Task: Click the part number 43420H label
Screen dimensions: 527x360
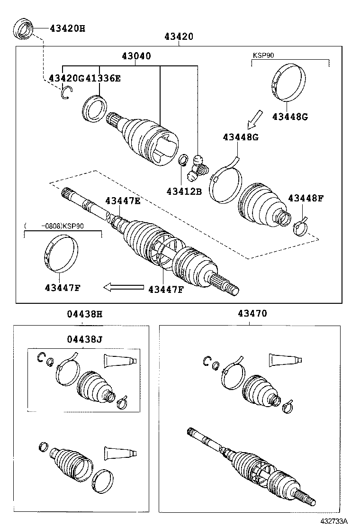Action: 67,28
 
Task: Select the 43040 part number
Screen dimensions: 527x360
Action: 136,56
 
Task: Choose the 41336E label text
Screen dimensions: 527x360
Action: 103,78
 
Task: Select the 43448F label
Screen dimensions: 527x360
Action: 306,198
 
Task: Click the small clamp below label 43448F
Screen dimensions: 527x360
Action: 300,227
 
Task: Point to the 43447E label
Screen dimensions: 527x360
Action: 123,200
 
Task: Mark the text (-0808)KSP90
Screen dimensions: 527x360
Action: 55,226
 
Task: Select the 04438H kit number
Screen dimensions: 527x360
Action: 84,313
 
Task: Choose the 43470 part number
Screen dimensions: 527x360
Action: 252,313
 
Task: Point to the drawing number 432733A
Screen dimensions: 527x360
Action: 333,521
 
